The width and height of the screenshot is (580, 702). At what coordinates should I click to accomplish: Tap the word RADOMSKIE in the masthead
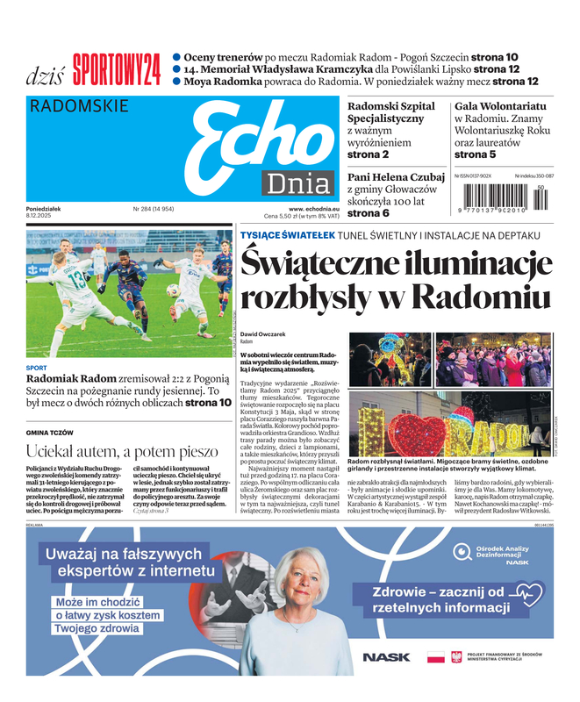pyautogui.click(x=78, y=107)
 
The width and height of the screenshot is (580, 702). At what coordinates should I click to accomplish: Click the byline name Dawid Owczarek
pyautogui.click(x=264, y=334)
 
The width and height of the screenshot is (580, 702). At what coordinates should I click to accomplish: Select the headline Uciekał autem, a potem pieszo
pyautogui.click(x=122, y=451)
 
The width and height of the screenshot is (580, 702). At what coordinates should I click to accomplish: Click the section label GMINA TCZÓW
pyautogui.click(x=50, y=433)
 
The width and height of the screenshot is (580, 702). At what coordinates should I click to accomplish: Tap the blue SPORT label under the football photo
pyautogui.click(x=37, y=368)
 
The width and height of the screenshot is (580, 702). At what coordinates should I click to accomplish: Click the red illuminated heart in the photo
pyautogui.click(x=417, y=433)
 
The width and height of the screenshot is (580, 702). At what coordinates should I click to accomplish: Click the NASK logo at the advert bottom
pyautogui.click(x=385, y=656)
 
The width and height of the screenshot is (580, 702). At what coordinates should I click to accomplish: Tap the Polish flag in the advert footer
pyautogui.click(x=435, y=656)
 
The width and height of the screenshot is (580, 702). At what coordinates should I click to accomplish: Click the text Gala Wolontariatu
pyautogui.click(x=500, y=106)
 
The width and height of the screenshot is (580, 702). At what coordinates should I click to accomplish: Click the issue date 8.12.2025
pyautogui.click(x=42, y=216)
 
